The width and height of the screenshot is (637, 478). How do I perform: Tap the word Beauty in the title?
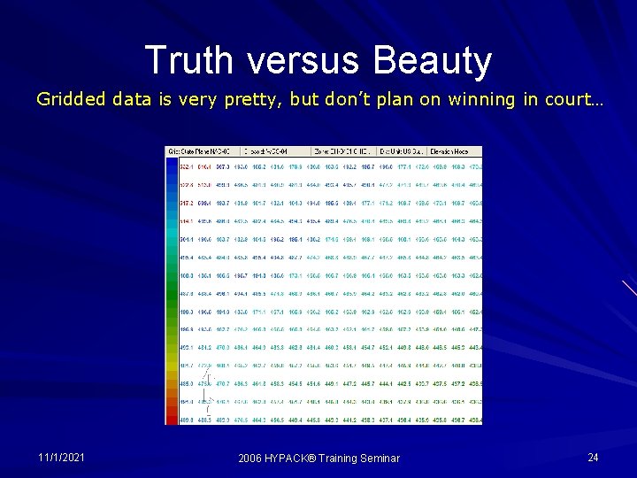click(x=433, y=61)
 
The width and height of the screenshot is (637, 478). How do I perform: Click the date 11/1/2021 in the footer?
click(x=61, y=457)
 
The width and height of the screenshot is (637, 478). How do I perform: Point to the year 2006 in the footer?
click(x=252, y=458)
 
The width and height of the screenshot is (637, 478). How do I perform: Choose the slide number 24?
click(x=593, y=457)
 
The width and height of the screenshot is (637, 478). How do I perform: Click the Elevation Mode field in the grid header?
click(x=457, y=151)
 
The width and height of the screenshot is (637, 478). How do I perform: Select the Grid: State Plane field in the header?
click(x=194, y=151)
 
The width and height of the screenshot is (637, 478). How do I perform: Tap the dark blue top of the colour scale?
click(x=172, y=165)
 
